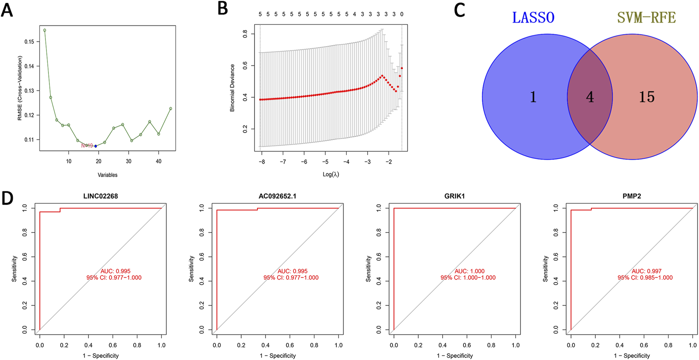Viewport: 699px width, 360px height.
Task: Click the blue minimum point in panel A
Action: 95,146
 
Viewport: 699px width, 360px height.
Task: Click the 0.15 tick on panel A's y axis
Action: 29,41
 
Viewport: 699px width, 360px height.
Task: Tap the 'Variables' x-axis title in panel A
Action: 107,175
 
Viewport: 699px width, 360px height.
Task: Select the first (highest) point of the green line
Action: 45,30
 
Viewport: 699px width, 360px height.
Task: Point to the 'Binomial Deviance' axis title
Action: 232,88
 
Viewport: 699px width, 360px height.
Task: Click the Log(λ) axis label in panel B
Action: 331,174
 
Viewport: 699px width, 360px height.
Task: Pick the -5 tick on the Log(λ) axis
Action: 325,162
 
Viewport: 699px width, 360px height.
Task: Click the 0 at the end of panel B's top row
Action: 402,14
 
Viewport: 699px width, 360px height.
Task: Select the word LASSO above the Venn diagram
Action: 533,18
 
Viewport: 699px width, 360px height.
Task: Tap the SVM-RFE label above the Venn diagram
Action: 646,18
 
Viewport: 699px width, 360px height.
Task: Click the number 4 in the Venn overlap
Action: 590,97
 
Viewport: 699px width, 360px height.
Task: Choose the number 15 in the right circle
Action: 647,97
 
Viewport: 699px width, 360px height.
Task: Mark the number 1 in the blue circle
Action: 533,97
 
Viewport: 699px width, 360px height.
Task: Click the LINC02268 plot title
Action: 101,196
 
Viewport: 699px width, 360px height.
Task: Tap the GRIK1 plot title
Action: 454,196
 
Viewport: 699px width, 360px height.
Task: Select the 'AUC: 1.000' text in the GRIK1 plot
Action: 469,271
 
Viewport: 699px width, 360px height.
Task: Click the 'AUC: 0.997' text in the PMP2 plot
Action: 646,271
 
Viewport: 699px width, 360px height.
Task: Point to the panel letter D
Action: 7,199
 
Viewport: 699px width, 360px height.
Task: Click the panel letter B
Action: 222,9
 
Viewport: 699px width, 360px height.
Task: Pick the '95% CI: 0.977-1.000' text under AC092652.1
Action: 291,277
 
